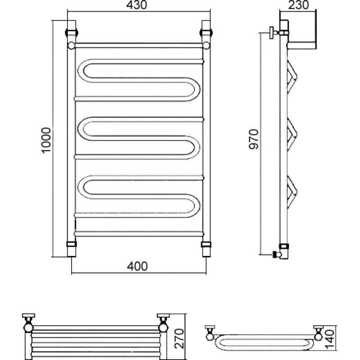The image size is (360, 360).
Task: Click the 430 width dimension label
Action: [137, 5]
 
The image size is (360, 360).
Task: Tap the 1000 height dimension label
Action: [46, 140]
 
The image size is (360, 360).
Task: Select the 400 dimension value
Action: [137, 266]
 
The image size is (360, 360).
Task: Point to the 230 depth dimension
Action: [298, 5]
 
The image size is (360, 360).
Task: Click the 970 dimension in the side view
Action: [254, 139]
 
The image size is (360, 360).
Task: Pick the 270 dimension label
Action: [179, 339]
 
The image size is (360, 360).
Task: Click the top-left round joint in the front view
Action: [72, 45]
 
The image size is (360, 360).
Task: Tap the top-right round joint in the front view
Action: [206, 45]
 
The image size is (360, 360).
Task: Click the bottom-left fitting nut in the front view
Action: [72, 244]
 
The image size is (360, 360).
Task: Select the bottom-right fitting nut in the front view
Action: [206, 244]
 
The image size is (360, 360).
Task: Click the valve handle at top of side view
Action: [272, 32]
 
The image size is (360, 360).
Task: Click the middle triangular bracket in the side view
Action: [292, 134]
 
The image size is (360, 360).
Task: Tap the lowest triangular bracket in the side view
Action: [292, 193]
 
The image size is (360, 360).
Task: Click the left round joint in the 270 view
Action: [28, 328]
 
